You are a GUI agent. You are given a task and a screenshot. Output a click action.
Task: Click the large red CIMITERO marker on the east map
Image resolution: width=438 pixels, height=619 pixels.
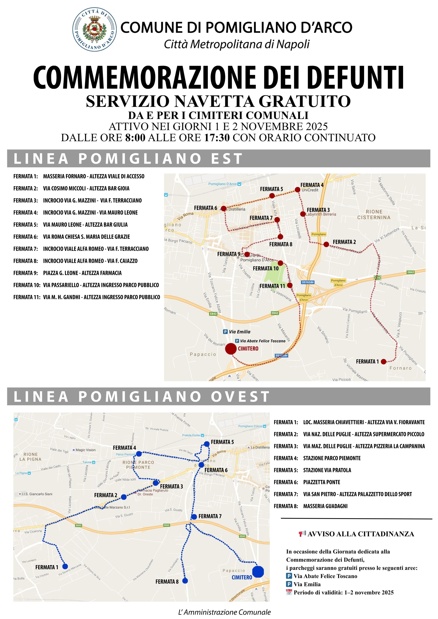click(231, 349)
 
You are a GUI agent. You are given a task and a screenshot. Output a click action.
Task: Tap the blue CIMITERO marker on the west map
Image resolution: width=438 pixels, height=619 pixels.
click(258, 572)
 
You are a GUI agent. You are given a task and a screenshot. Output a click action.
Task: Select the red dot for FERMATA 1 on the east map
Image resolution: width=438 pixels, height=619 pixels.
click(384, 362)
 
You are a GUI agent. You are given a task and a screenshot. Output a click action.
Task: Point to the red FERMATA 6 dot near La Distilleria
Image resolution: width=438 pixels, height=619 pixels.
click(224, 208)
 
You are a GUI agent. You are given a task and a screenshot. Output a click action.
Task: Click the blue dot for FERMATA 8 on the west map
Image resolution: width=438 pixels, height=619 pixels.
click(185, 581)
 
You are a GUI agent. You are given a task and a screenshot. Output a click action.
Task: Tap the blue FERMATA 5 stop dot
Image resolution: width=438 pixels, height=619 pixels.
click(207, 444)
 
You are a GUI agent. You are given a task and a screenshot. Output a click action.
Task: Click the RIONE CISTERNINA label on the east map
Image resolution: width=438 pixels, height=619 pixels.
click(374, 214)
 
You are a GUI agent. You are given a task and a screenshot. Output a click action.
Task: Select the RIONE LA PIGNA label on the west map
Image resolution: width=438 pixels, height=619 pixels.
click(30, 457)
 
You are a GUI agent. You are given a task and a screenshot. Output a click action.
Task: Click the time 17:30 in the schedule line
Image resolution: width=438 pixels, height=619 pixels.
click(217, 137)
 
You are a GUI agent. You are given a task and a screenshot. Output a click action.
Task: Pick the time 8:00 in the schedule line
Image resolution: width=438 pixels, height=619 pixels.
click(135, 137)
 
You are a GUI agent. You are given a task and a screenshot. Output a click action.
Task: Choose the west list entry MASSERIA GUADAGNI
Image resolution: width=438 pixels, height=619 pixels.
click(325, 506)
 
